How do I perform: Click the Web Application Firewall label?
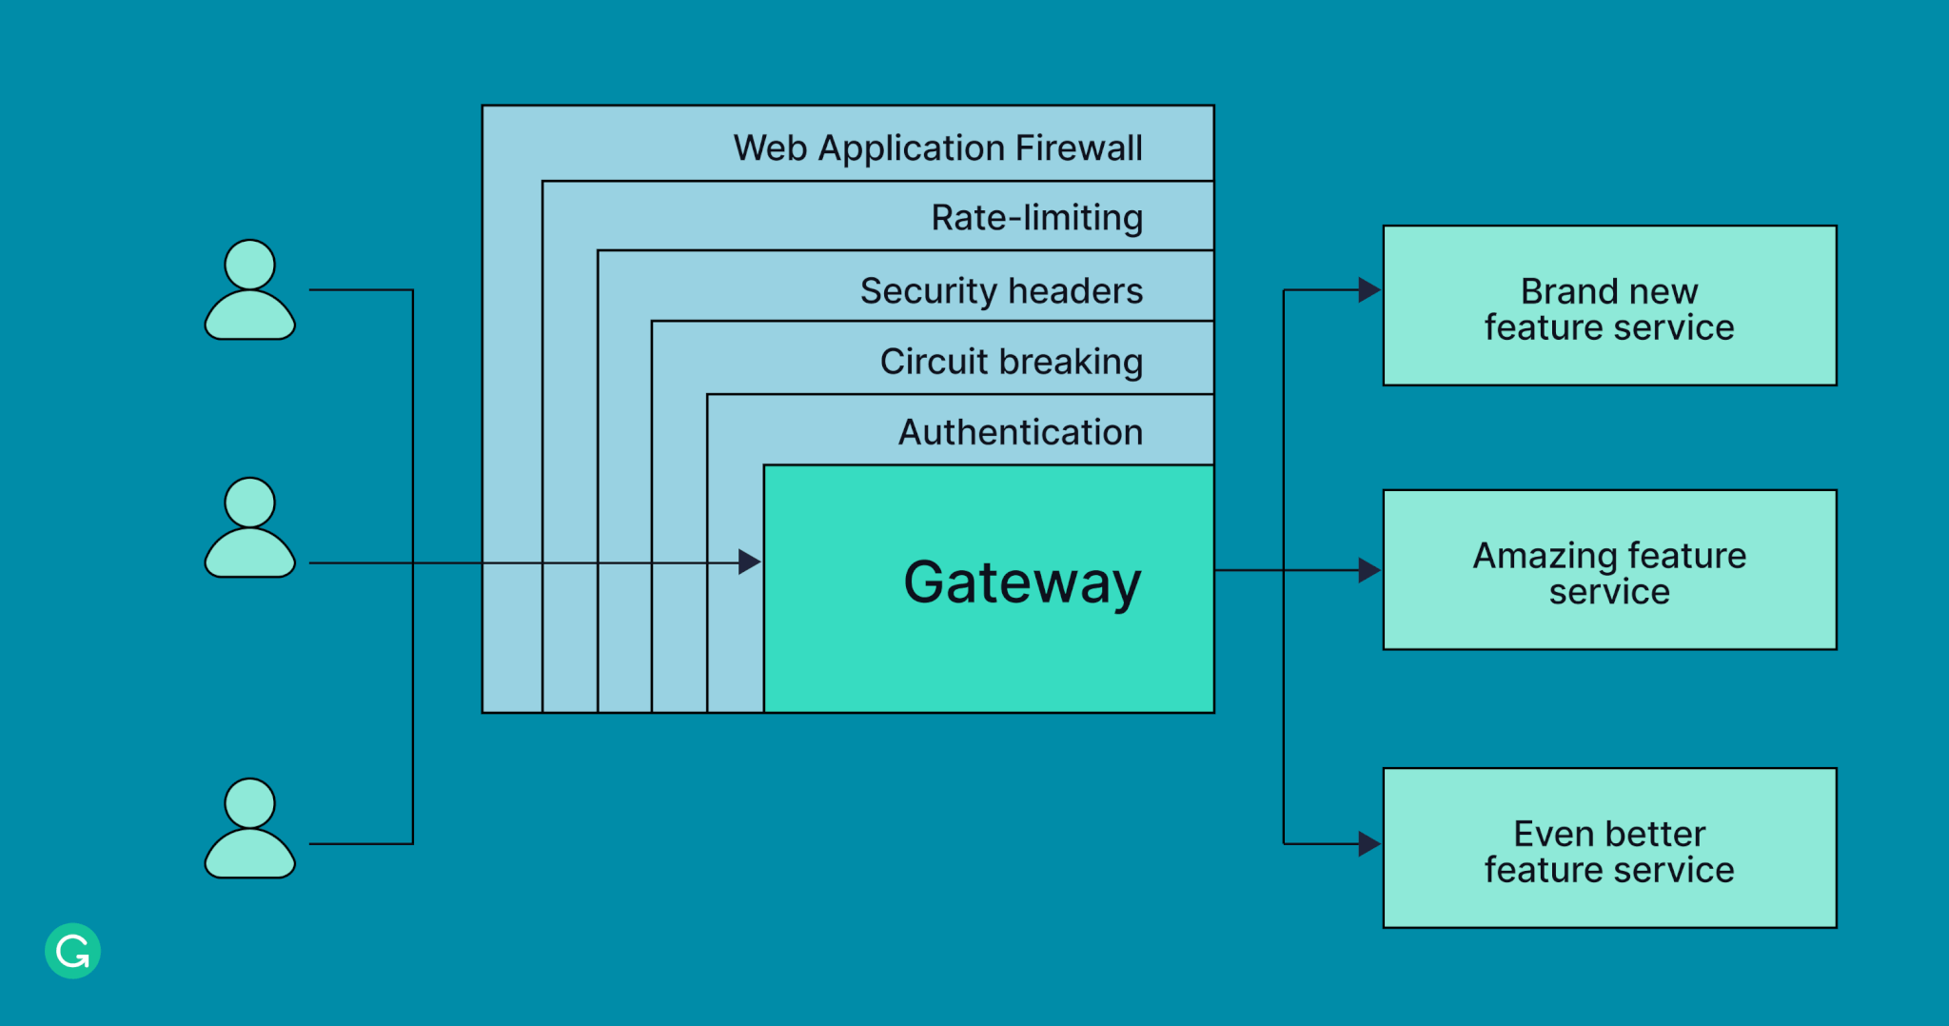click(937, 148)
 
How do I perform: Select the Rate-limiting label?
click(1036, 218)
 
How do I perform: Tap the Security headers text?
click(1001, 291)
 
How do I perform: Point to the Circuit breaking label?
click(1011, 362)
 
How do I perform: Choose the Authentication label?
click(1020, 433)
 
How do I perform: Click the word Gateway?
click(1022, 582)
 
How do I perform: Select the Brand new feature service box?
click(1609, 306)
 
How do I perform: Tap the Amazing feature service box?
click(1609, 570)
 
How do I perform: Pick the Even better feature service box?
click(1609, 848)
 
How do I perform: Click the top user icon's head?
click(250, 265)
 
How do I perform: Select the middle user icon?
click(250, 529)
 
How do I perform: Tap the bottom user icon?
click(250, 830)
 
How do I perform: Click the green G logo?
click(72, 951)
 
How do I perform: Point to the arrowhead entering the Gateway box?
click(750, 562)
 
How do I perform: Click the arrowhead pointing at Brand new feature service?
click(1368, 290)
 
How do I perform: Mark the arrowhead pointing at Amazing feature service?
click(1368, 570)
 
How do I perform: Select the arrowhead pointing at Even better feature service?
click(1368, 843)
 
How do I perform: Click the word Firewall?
click(1078, 148)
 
